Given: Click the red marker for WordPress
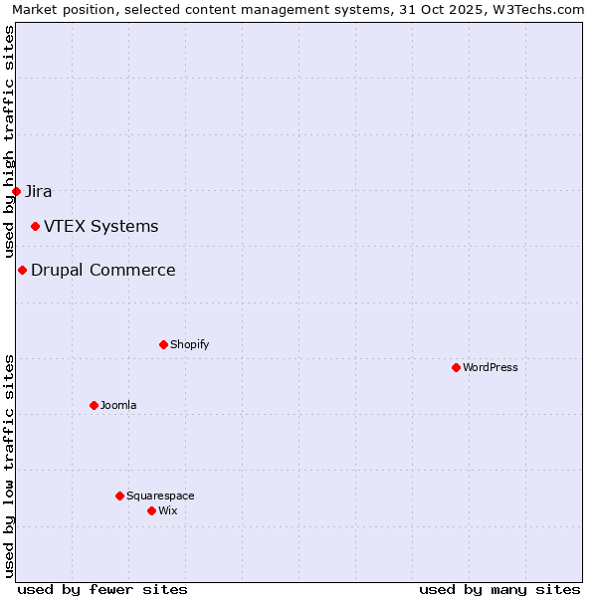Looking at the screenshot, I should coord(456,367).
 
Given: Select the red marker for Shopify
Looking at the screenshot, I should coord(163,344).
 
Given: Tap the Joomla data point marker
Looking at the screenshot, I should coord(94,405).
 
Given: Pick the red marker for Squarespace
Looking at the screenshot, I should coord(119,496).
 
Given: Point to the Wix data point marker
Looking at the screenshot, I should coord(151,510).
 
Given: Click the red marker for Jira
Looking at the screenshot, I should coord(16,191).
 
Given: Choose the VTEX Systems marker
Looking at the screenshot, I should coord(35,226).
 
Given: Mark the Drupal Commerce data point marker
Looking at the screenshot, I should coord(22,270).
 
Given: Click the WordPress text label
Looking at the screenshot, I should coord(491,367).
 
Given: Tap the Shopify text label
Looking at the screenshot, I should coord(190,344).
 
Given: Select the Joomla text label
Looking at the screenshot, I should coord(118,405).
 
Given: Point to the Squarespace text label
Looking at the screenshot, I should coord(160,496).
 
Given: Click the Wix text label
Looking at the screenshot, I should coord(167,510).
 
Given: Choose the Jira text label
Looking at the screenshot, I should coord(39,191).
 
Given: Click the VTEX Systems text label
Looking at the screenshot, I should coord(100,226).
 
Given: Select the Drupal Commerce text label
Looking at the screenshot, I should coord(103,270).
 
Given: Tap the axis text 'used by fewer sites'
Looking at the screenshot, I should coord(102,589).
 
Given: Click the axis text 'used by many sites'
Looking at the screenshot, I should coord(499,589).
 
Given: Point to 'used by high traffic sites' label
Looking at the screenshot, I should coord(10,141).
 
